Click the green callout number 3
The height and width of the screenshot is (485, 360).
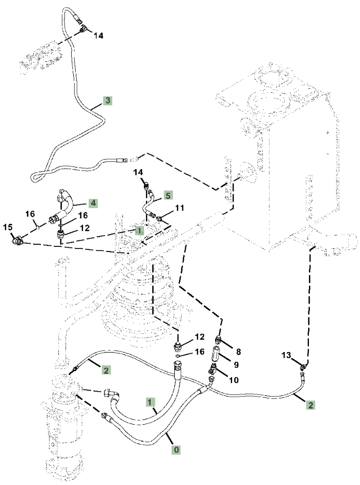tap(107, 101)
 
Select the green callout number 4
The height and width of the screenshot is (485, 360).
tap(93, 203)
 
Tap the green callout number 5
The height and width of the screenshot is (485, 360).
tap(168, 195)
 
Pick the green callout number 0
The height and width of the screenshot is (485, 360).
tap(176, 449)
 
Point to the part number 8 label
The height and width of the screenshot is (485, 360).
tap(238, 352)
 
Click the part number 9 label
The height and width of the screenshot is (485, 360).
tap(236, 365)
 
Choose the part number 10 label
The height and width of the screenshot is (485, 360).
tap(234, 379)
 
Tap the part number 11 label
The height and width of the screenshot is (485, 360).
tap(179, 208)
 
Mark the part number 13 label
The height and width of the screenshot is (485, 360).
tap(286, 355)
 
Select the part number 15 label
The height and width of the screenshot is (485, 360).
tap(8, 227)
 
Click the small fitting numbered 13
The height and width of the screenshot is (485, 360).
tap(303, 367)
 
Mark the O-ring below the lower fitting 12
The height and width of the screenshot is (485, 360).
tap(177, 356)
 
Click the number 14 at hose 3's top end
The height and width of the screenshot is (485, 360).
tap(99, 36)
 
